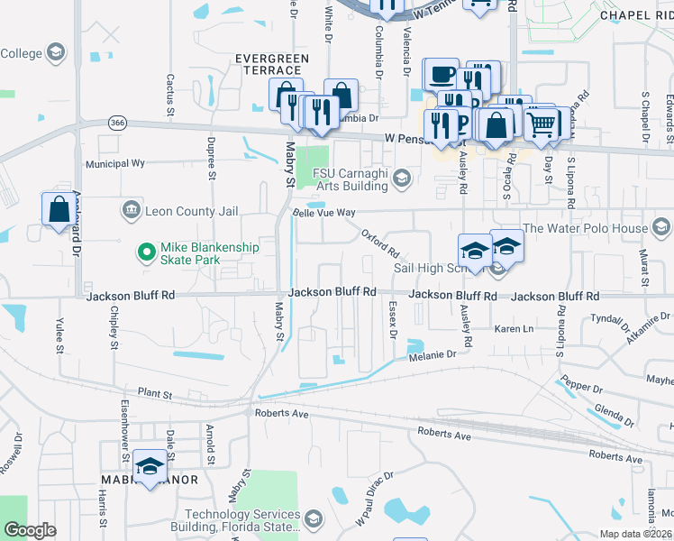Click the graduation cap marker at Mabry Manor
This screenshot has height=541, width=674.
click(x=149, y=467)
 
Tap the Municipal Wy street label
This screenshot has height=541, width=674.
click(x=115, y=164)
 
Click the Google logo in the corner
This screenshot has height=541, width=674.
click(x=30, y=530)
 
